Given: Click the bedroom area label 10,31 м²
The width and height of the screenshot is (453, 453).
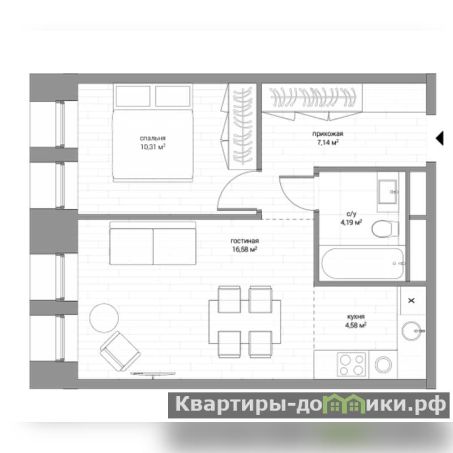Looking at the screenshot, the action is click(153, 147).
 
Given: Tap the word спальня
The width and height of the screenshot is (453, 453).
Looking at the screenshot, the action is click(153, 138).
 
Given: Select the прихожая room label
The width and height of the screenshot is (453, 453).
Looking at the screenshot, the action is click(328, 134).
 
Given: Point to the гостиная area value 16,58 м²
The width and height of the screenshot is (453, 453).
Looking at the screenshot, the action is click(245, 249).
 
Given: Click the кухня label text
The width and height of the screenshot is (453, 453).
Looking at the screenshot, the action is click(356, 317).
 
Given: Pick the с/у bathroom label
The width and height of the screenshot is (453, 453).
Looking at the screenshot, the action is click(351, 214).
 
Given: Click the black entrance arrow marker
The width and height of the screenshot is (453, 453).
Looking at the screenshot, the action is click(439, 138).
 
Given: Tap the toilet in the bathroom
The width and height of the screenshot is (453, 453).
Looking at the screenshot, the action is click(385, 229).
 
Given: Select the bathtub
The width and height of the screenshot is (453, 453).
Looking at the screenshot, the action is click(363, 263).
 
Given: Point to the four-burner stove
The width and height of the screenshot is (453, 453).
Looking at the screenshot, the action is click(351, 365).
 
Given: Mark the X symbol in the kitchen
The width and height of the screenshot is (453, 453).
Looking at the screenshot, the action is click(412, 301).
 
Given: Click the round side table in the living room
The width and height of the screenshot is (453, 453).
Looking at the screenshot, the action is click(104, 318).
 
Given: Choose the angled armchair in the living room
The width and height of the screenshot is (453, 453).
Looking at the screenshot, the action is click(120, 351).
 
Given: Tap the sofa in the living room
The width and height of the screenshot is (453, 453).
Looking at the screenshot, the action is click(153, 243).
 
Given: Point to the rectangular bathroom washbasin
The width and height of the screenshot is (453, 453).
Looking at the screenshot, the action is click(388, 191).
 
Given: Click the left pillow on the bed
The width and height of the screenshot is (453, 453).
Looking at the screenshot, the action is click(133, 96).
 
